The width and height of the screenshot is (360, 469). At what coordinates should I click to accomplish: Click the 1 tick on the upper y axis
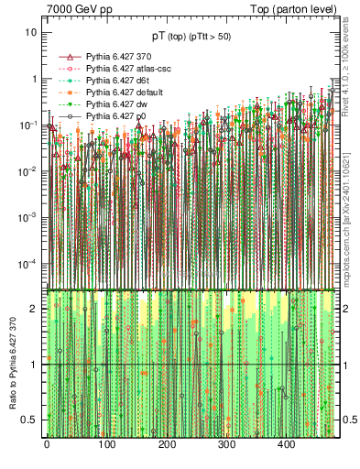[34, 79]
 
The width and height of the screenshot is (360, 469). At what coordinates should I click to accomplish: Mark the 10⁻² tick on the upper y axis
[29, 171]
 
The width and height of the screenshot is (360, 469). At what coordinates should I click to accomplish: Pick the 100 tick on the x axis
[106, 444]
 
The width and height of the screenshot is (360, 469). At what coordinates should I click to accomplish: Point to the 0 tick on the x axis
[46, 444]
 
